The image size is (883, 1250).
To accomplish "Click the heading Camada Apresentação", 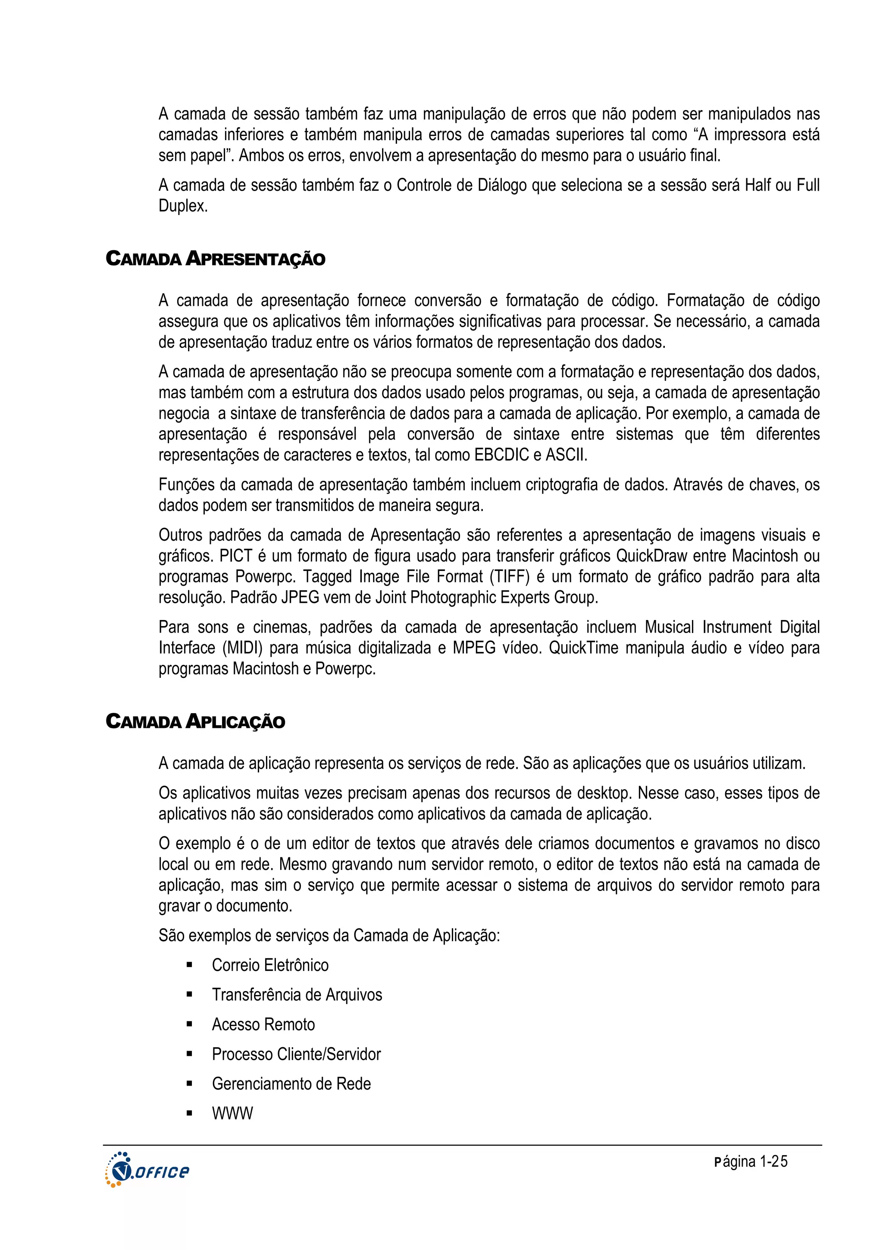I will (x=216, y=258).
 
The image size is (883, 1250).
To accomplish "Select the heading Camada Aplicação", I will (x=195, y=721).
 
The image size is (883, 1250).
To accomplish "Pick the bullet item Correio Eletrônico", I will (x=270, y=965).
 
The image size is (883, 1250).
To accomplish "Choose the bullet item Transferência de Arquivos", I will (x=297, y=995).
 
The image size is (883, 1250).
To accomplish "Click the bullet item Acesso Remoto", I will (x=263, y=1025).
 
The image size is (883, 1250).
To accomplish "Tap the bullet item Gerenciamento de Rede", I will (x=291, y=1084).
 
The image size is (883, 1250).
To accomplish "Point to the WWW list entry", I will (x=232, y=1113).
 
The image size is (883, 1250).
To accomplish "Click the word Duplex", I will (x=183, y=206).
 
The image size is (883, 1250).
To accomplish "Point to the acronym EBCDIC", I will (x=501, y=455).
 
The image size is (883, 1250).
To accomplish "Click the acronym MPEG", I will (x=474, y=648).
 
